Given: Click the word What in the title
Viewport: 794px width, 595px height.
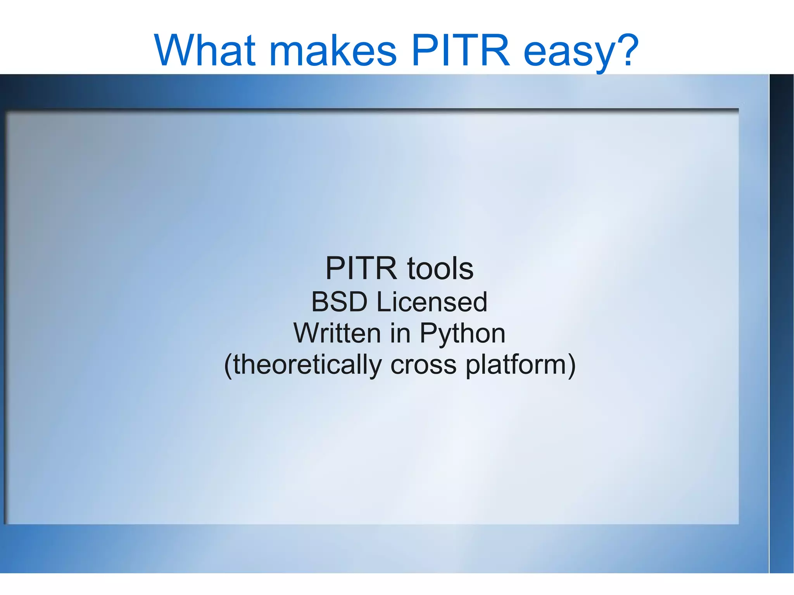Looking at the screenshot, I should coord(205,50).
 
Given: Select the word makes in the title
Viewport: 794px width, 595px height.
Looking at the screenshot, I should coord(333,50).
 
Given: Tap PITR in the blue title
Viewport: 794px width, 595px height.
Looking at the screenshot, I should coord(460,50).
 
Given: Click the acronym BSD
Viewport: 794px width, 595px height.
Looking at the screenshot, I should coord(339,302).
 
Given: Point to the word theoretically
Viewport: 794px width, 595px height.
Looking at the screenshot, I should coord(307,365).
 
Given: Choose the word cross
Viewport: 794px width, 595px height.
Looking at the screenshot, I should coord(423,366).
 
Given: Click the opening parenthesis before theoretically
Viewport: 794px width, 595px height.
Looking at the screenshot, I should coord(228,366).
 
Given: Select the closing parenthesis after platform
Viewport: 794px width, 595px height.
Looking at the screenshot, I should coord(571,366).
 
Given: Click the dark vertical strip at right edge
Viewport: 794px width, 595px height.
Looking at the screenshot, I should coord(782,310).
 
